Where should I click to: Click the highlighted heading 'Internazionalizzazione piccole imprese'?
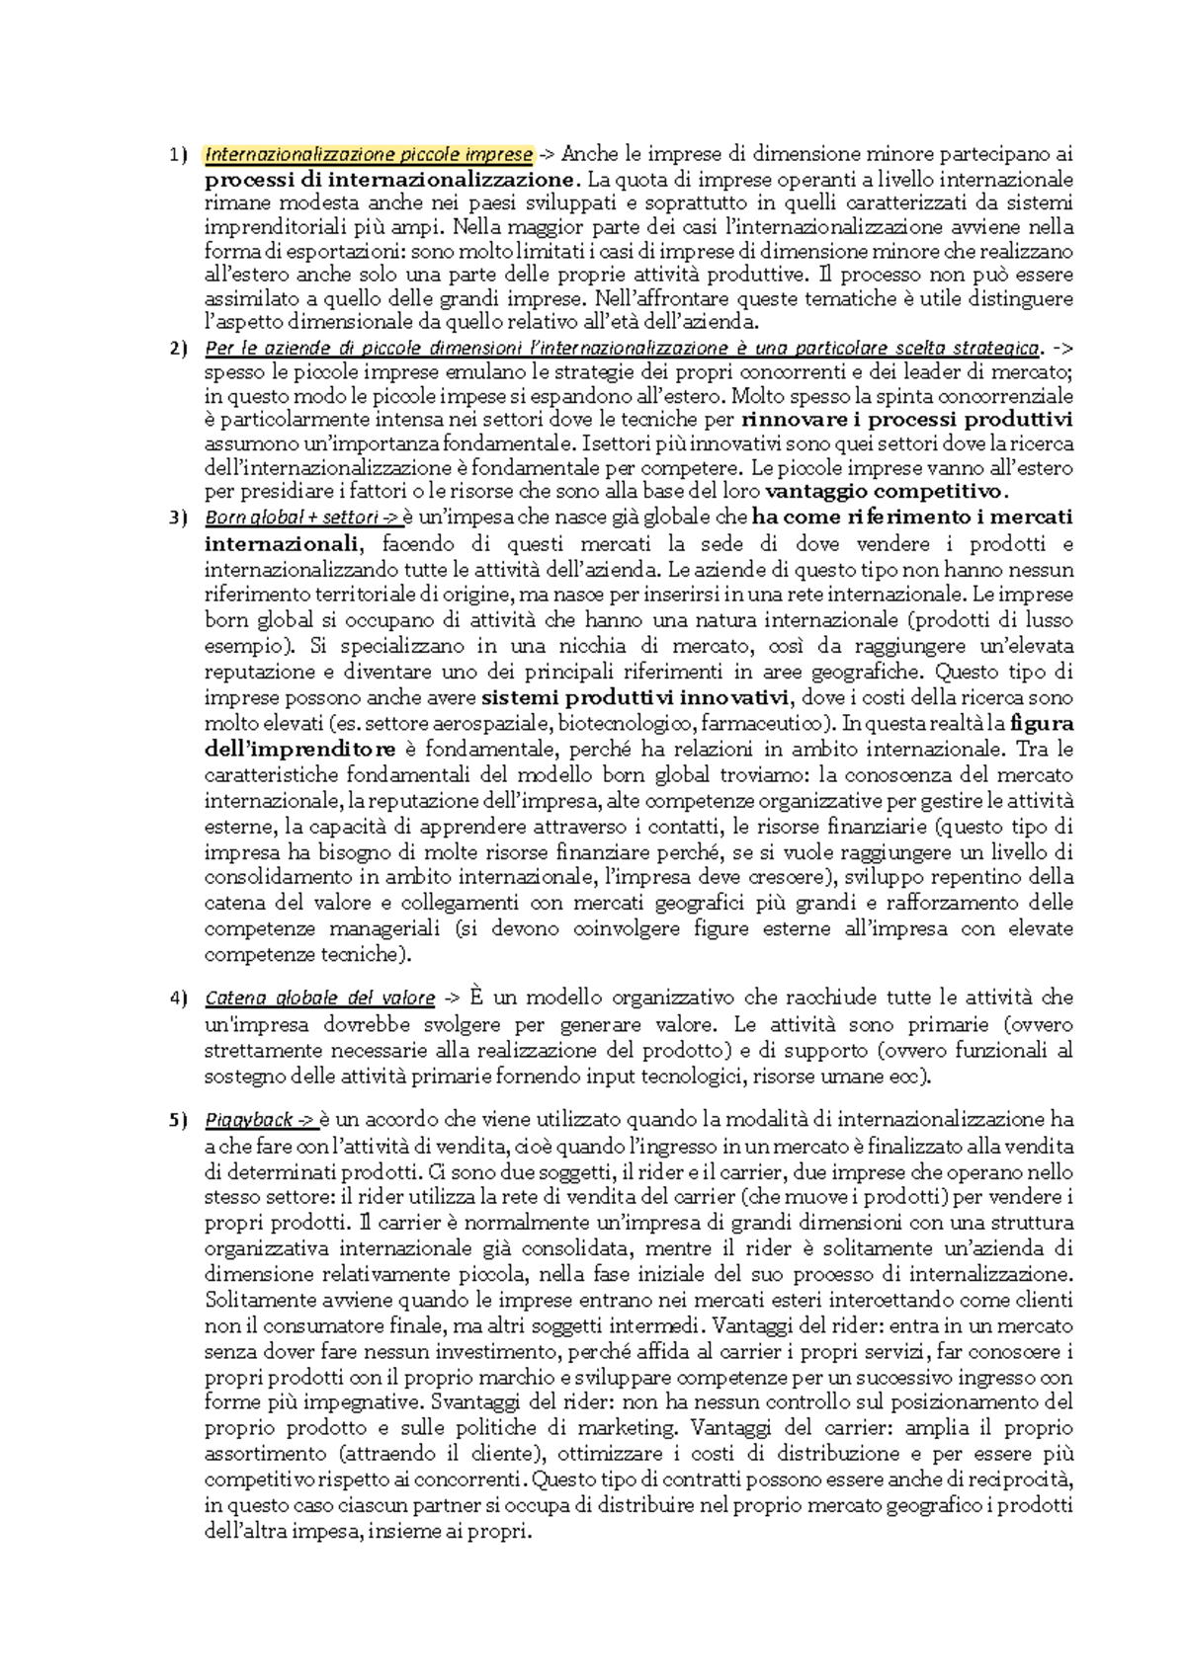click(369, 155)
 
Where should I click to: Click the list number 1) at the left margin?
click(176, 155)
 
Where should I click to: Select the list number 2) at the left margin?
click(176, 349)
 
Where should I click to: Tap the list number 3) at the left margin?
click(176, 519)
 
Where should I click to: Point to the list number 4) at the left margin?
click(176, 998)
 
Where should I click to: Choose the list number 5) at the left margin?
click(176, 1121)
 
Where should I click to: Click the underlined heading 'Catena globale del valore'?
click(319, 998)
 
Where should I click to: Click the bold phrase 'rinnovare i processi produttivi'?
click(906, 420)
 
